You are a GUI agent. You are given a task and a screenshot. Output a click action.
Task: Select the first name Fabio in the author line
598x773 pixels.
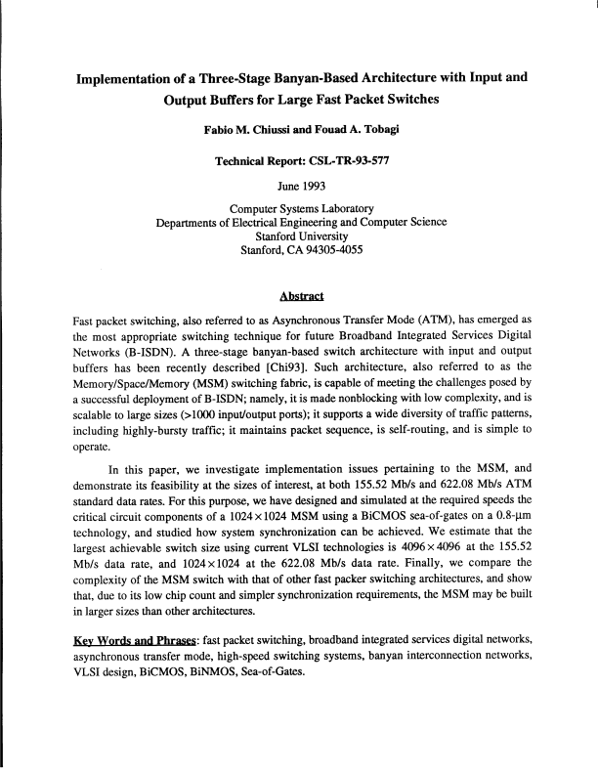coord(218,128)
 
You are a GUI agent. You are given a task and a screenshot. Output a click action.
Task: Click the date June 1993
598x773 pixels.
coord(300,180)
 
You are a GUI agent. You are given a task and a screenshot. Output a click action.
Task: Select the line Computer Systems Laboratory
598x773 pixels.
coord(300,208)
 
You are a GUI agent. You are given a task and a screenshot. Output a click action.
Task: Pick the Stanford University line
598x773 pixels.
coord(300,236)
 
